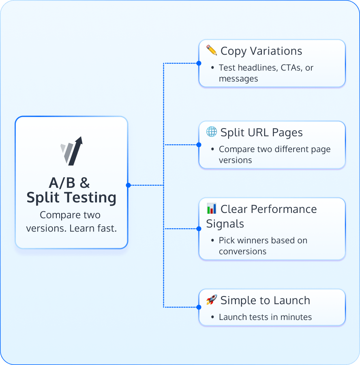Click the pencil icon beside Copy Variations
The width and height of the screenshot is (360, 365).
coord(211,51)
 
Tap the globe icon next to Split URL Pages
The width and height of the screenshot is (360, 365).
coord(211,132)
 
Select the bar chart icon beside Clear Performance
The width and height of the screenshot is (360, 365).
coord(211,209)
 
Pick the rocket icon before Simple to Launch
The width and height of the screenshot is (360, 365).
coord(211,300)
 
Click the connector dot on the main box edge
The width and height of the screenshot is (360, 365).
coord(128,185)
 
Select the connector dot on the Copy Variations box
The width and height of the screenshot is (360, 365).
coord(199,63)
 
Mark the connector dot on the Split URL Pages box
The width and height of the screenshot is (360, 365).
coord(199,144)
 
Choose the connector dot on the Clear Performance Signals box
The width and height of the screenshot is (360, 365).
coord(199,229)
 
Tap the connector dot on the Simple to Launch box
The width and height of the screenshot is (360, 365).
coord(199,307)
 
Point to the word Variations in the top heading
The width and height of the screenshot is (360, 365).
coord(276,51)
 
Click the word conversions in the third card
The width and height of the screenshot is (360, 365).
coord(242,251)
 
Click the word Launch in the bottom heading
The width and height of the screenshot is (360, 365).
coord(292,301)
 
